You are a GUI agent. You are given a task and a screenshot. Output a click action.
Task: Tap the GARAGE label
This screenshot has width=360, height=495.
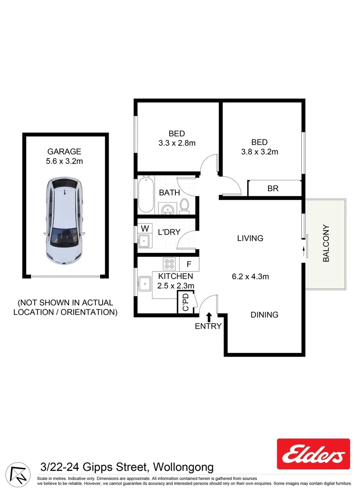coord(64,151)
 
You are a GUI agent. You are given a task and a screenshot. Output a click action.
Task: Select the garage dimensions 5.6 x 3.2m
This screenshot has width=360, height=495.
coord(64,161)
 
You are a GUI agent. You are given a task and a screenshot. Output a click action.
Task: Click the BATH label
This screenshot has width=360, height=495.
coord(169,193)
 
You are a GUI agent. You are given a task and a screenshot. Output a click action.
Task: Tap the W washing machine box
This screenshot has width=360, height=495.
coord(145,228)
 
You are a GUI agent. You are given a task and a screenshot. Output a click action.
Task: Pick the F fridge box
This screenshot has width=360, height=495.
coord(188,264)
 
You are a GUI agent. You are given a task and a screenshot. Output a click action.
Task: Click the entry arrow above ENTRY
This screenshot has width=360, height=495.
coord(209,317)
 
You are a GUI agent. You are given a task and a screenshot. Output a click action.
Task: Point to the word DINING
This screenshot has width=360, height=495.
coord(264,315)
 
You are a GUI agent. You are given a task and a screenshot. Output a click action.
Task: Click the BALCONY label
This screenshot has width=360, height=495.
coord(326,243)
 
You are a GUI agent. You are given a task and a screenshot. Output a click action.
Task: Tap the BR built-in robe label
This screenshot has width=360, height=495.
coord(273,188)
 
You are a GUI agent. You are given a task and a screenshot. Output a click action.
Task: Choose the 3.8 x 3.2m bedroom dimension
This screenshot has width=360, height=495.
coord(259,152)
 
